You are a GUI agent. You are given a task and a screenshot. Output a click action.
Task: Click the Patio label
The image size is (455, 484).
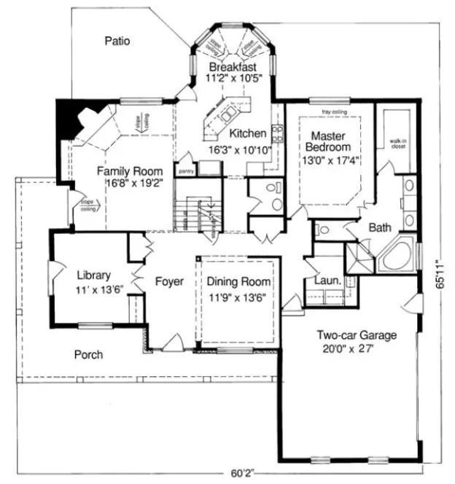coord(117,42)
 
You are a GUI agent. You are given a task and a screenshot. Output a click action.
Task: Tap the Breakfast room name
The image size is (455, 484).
coord(231,66)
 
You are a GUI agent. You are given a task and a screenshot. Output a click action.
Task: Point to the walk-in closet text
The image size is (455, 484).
coord(397,144)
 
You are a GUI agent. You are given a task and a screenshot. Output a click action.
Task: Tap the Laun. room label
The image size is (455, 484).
coord(324,280)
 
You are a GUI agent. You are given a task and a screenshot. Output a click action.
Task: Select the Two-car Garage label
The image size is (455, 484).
coord(356,335)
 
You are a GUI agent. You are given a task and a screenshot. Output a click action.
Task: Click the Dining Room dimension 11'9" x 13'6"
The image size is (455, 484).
coord(238,297)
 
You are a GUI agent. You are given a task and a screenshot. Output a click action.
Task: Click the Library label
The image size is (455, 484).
coord(94,276)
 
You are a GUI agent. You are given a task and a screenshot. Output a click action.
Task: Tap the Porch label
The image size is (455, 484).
coord(89,355)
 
